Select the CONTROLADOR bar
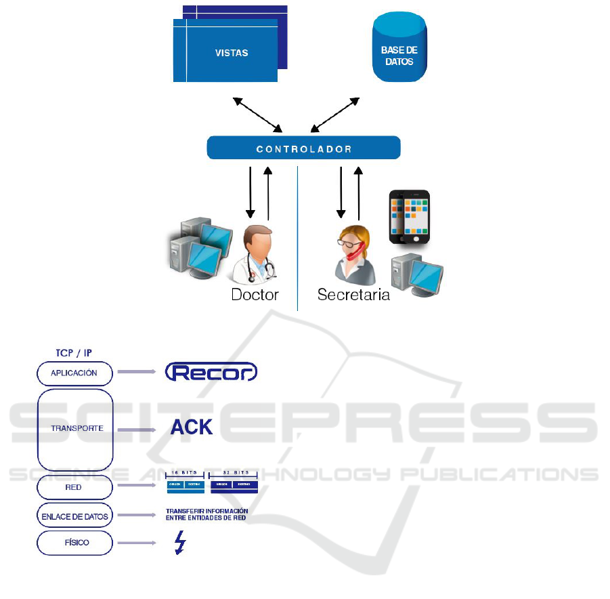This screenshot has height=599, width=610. pos(303,148)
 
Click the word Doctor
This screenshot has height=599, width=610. pos(255,295)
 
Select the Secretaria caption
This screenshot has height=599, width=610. pos(353,295)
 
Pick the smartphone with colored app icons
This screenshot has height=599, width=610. pos(409,217)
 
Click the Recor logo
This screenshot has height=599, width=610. pos(211,372)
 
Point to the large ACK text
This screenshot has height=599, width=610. pos(192,427)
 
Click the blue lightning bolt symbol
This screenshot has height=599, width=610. pos(179,543)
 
